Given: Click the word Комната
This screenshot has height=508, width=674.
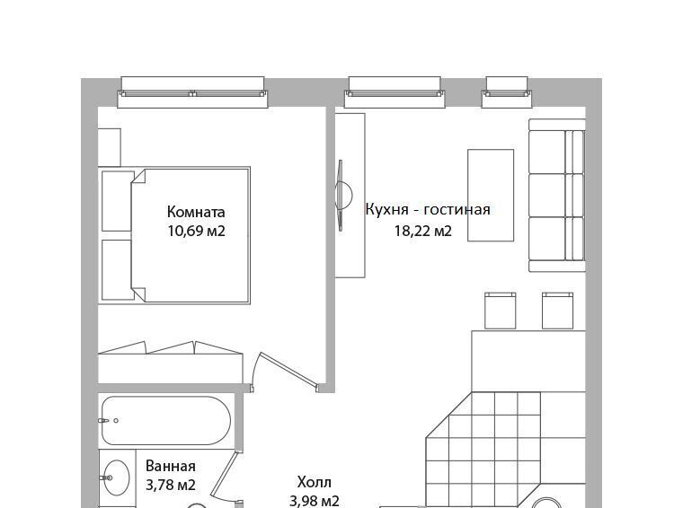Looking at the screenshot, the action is pos(196,212).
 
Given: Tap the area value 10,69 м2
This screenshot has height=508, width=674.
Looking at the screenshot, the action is pos(197,232).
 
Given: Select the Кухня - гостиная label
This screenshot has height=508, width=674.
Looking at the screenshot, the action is pos(428,209).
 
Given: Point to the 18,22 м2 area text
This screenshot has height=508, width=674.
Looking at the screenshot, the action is pos(423,232).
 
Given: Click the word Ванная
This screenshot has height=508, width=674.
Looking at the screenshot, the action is pos(171,466).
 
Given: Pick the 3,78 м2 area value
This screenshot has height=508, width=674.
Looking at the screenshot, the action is pos(171,486).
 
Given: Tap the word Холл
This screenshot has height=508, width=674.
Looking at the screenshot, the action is pos(315,482).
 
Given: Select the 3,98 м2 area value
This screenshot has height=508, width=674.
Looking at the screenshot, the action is pos(315,501).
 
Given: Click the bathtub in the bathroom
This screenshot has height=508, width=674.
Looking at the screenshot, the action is pos(166,420).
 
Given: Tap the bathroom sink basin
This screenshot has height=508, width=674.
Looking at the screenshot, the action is pos(117,477).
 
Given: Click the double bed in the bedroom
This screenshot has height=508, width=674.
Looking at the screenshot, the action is pos(190,235).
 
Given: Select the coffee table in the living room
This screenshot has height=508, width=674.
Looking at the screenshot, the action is pos(491,196).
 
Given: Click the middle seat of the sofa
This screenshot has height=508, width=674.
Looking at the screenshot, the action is pos(556,196).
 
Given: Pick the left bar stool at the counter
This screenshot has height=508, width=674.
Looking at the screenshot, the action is pos(501,311).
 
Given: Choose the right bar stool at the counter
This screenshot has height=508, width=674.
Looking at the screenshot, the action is pos(557,311).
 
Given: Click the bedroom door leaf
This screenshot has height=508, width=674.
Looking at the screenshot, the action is pos(288,369).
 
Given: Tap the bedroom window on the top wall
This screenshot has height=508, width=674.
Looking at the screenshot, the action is pos(192,92).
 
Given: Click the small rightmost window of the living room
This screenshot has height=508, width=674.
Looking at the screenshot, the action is pos(507,92).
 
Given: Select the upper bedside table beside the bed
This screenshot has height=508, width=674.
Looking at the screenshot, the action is pos(118,201).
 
